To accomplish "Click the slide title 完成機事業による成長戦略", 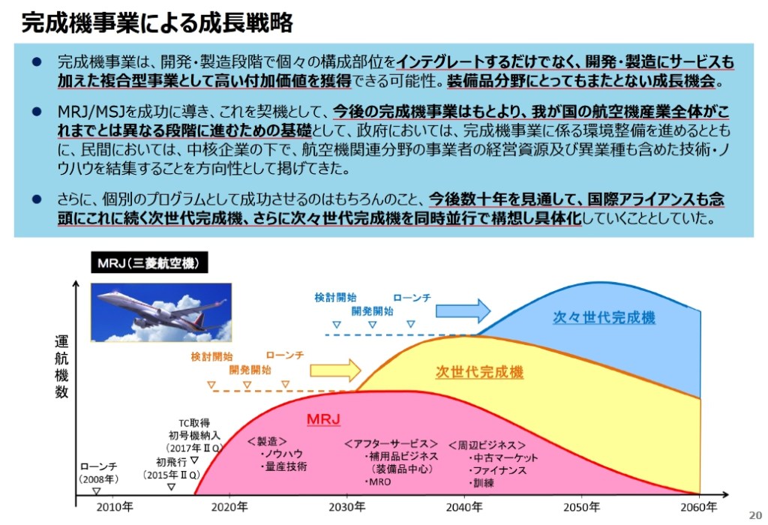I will pyautogui.click(x=157, y=22).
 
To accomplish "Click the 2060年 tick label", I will pyautogui.click(x=699, y=508).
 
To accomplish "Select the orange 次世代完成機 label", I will pyautogui.click(x=480, y=372).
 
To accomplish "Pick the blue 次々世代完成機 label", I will pyautogui.click(x=604, y=317).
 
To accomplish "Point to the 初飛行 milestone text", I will pyautogui.click(x=171, y=462).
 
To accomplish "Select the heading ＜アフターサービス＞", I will pyautogui.click(x=391, y=443).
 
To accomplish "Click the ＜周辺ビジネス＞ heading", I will pyautogui.click(x=487, y=445).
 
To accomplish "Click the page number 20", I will pyautogui.click(x=754, y=514).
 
